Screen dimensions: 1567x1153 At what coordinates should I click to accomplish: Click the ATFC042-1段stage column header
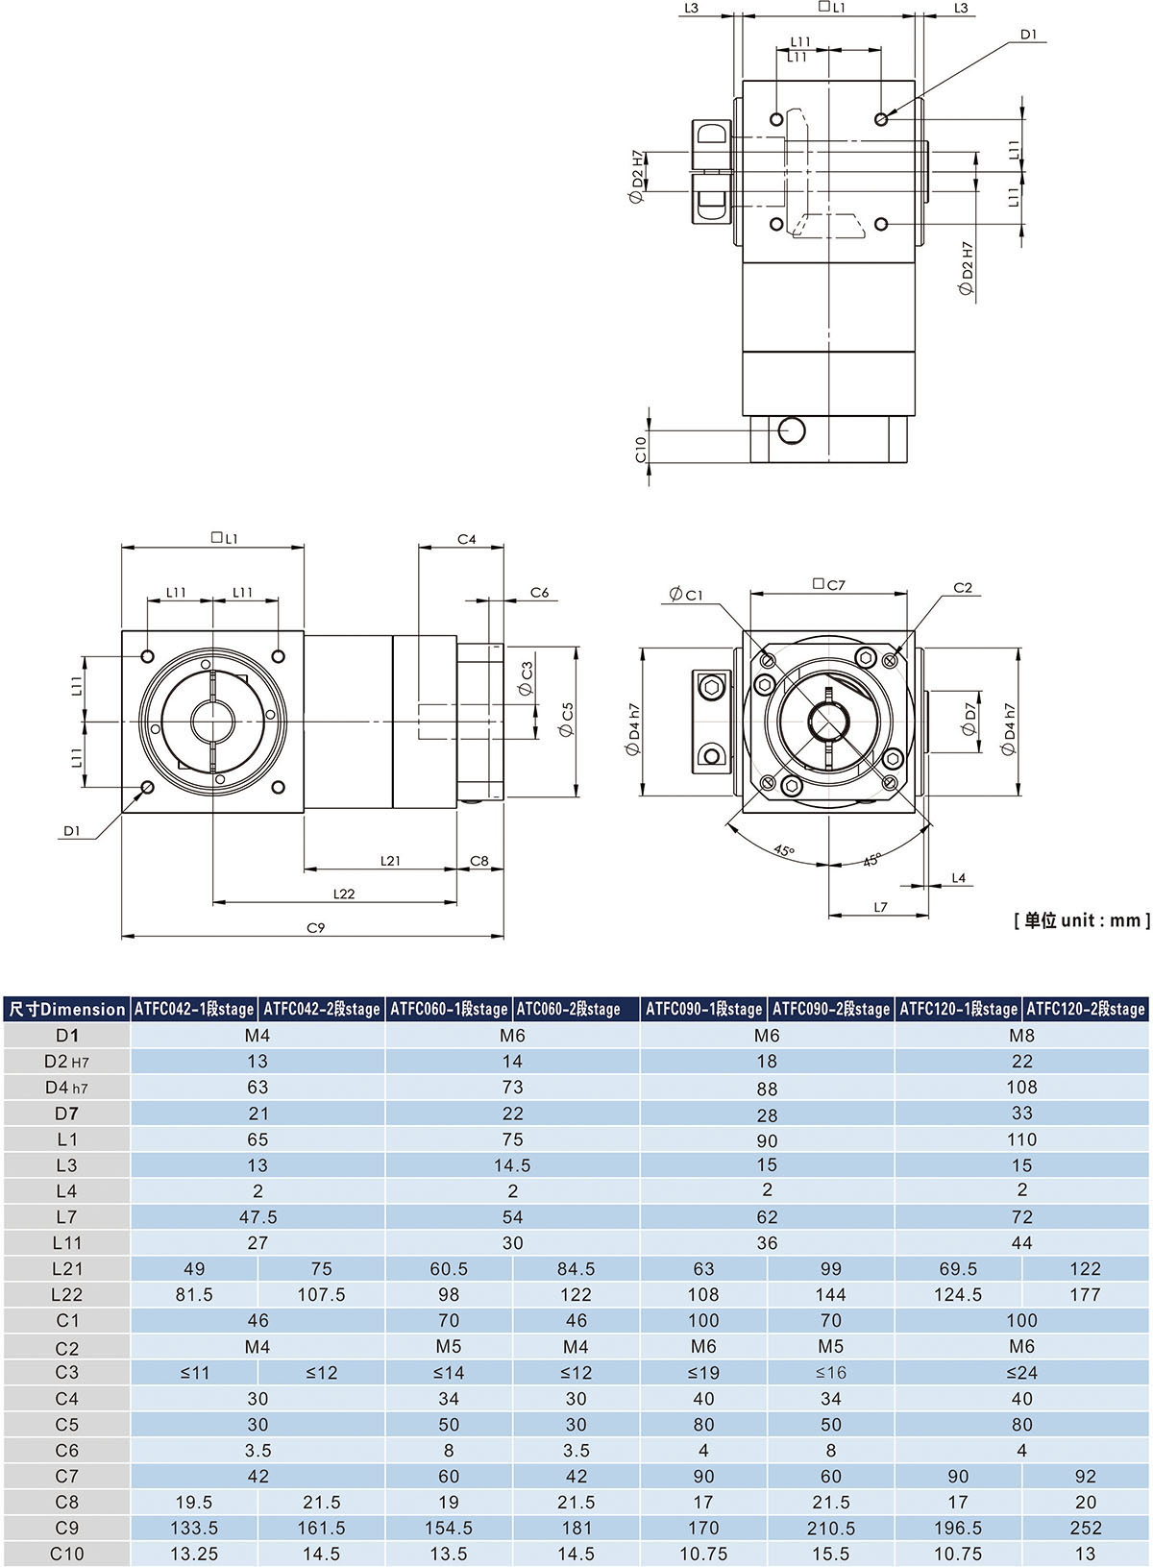194,1009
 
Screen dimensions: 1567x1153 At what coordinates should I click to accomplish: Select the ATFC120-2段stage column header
1086,1009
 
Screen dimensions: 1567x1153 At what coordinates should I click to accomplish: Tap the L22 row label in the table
66,1295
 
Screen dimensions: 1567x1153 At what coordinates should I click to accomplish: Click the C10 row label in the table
66,1554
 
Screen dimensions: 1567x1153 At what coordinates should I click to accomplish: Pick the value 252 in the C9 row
1085,1528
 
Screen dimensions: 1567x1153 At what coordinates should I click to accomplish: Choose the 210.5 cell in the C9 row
831,1528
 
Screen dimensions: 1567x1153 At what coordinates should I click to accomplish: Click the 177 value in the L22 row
1085,1295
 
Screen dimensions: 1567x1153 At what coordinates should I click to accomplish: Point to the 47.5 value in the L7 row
258,1217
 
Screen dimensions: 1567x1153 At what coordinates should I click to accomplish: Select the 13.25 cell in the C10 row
194,1554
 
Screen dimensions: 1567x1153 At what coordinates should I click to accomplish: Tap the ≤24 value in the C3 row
1021,1373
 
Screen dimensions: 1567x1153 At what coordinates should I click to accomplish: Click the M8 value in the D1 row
1021,1036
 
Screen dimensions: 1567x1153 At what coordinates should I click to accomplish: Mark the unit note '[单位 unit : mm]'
1081,920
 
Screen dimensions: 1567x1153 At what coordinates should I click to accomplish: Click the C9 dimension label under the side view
315,928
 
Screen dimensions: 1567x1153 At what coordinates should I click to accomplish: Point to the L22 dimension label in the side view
344,894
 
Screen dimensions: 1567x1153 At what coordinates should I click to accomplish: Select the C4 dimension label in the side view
466,540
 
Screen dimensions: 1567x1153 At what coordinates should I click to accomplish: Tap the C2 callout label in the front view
963,588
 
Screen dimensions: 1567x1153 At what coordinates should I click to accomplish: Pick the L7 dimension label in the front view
880,907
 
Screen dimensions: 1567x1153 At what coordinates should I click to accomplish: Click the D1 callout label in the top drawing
1029,35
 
